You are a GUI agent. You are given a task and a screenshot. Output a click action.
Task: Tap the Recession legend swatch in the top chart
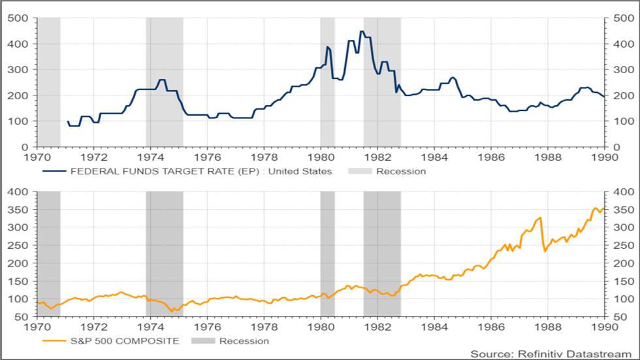359,171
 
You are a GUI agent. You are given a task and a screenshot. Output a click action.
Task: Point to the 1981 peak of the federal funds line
361,31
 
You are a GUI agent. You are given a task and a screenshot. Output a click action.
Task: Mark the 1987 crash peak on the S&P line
540,218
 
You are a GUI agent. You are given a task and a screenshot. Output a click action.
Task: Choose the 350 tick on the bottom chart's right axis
621,210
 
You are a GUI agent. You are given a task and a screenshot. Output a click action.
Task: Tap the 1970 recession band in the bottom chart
49,255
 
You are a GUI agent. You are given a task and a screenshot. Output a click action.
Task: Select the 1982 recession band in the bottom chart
382,255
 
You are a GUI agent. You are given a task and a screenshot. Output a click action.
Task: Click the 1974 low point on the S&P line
172,311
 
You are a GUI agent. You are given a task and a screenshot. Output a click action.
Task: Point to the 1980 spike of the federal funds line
328,47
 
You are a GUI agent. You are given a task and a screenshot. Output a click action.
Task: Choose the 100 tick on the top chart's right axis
621,121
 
